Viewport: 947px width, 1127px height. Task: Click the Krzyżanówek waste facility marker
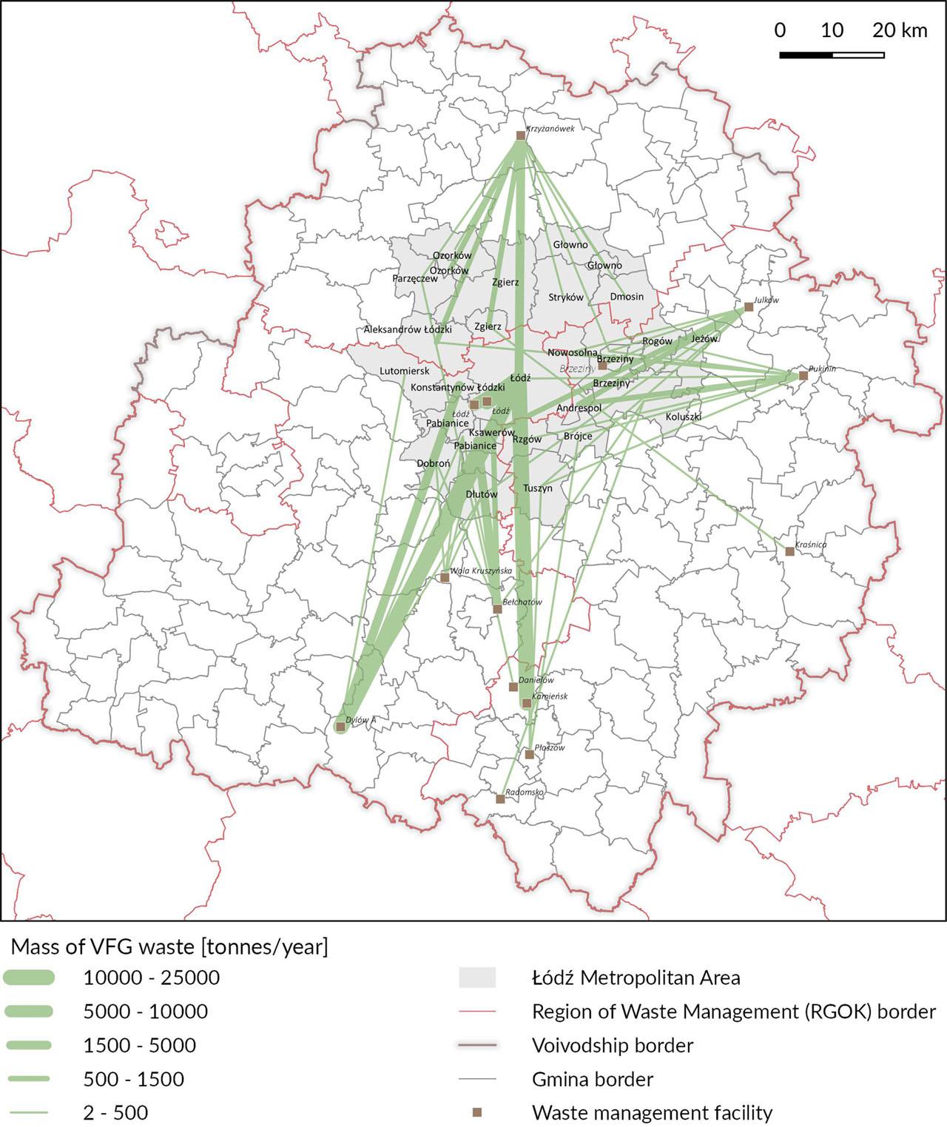tap(520, 135)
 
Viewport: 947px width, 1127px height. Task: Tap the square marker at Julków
tap(749, 306)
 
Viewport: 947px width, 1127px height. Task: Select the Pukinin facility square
tap(803, 375)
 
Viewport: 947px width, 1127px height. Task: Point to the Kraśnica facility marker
tap(789, 551)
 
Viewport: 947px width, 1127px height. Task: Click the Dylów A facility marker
tap(340, 727)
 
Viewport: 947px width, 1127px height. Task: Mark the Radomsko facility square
tap(500, 798)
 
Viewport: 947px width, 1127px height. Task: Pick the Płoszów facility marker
tap(529, 754)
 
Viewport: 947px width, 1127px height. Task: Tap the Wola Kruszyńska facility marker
tap(445, 577)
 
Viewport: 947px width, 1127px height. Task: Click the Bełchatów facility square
tap(497, 609)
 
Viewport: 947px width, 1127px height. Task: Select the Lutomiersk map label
tap(404, 371)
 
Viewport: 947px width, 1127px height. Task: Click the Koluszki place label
tap(683, 417)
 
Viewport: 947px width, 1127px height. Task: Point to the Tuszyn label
tap(538, 488)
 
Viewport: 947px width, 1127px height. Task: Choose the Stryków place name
tap(566, 297)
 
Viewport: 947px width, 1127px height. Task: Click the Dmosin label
tap(627, 297)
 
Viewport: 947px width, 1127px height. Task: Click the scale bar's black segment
tap(806, 55)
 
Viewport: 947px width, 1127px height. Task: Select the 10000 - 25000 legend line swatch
tap(29, 978)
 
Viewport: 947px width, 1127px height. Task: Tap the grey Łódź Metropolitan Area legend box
tap(477, 978)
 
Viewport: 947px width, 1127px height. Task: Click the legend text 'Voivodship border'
tap(613, 1046)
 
